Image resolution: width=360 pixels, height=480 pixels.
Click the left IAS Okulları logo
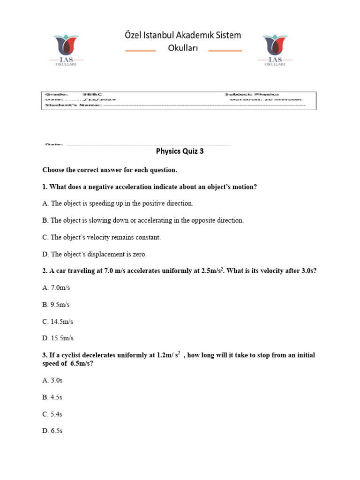tap(66, 50)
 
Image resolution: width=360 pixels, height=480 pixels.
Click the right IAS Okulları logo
tap(275, 50)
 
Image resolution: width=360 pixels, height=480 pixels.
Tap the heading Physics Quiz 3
tap(180, 151)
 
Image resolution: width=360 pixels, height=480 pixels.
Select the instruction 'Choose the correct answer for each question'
tap(110, 169)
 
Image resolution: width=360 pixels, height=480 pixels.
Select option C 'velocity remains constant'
tap(101, 237)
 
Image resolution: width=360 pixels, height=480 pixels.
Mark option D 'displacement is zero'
tap(94, 254)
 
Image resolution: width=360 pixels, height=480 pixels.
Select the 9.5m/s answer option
tap(56, 305)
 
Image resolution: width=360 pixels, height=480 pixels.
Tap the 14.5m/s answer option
tap(58, 322)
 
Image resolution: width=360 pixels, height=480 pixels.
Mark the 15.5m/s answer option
tap(58, 338)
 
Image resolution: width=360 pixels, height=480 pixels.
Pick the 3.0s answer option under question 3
tap(52, 380)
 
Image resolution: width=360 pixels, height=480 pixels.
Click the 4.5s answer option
tap(52, 397)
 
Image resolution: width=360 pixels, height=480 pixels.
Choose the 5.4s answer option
tap(52, 414)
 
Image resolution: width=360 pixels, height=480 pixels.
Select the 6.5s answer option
tap(52, 431)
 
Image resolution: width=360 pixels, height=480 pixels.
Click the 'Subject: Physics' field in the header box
tap(252, 94)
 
